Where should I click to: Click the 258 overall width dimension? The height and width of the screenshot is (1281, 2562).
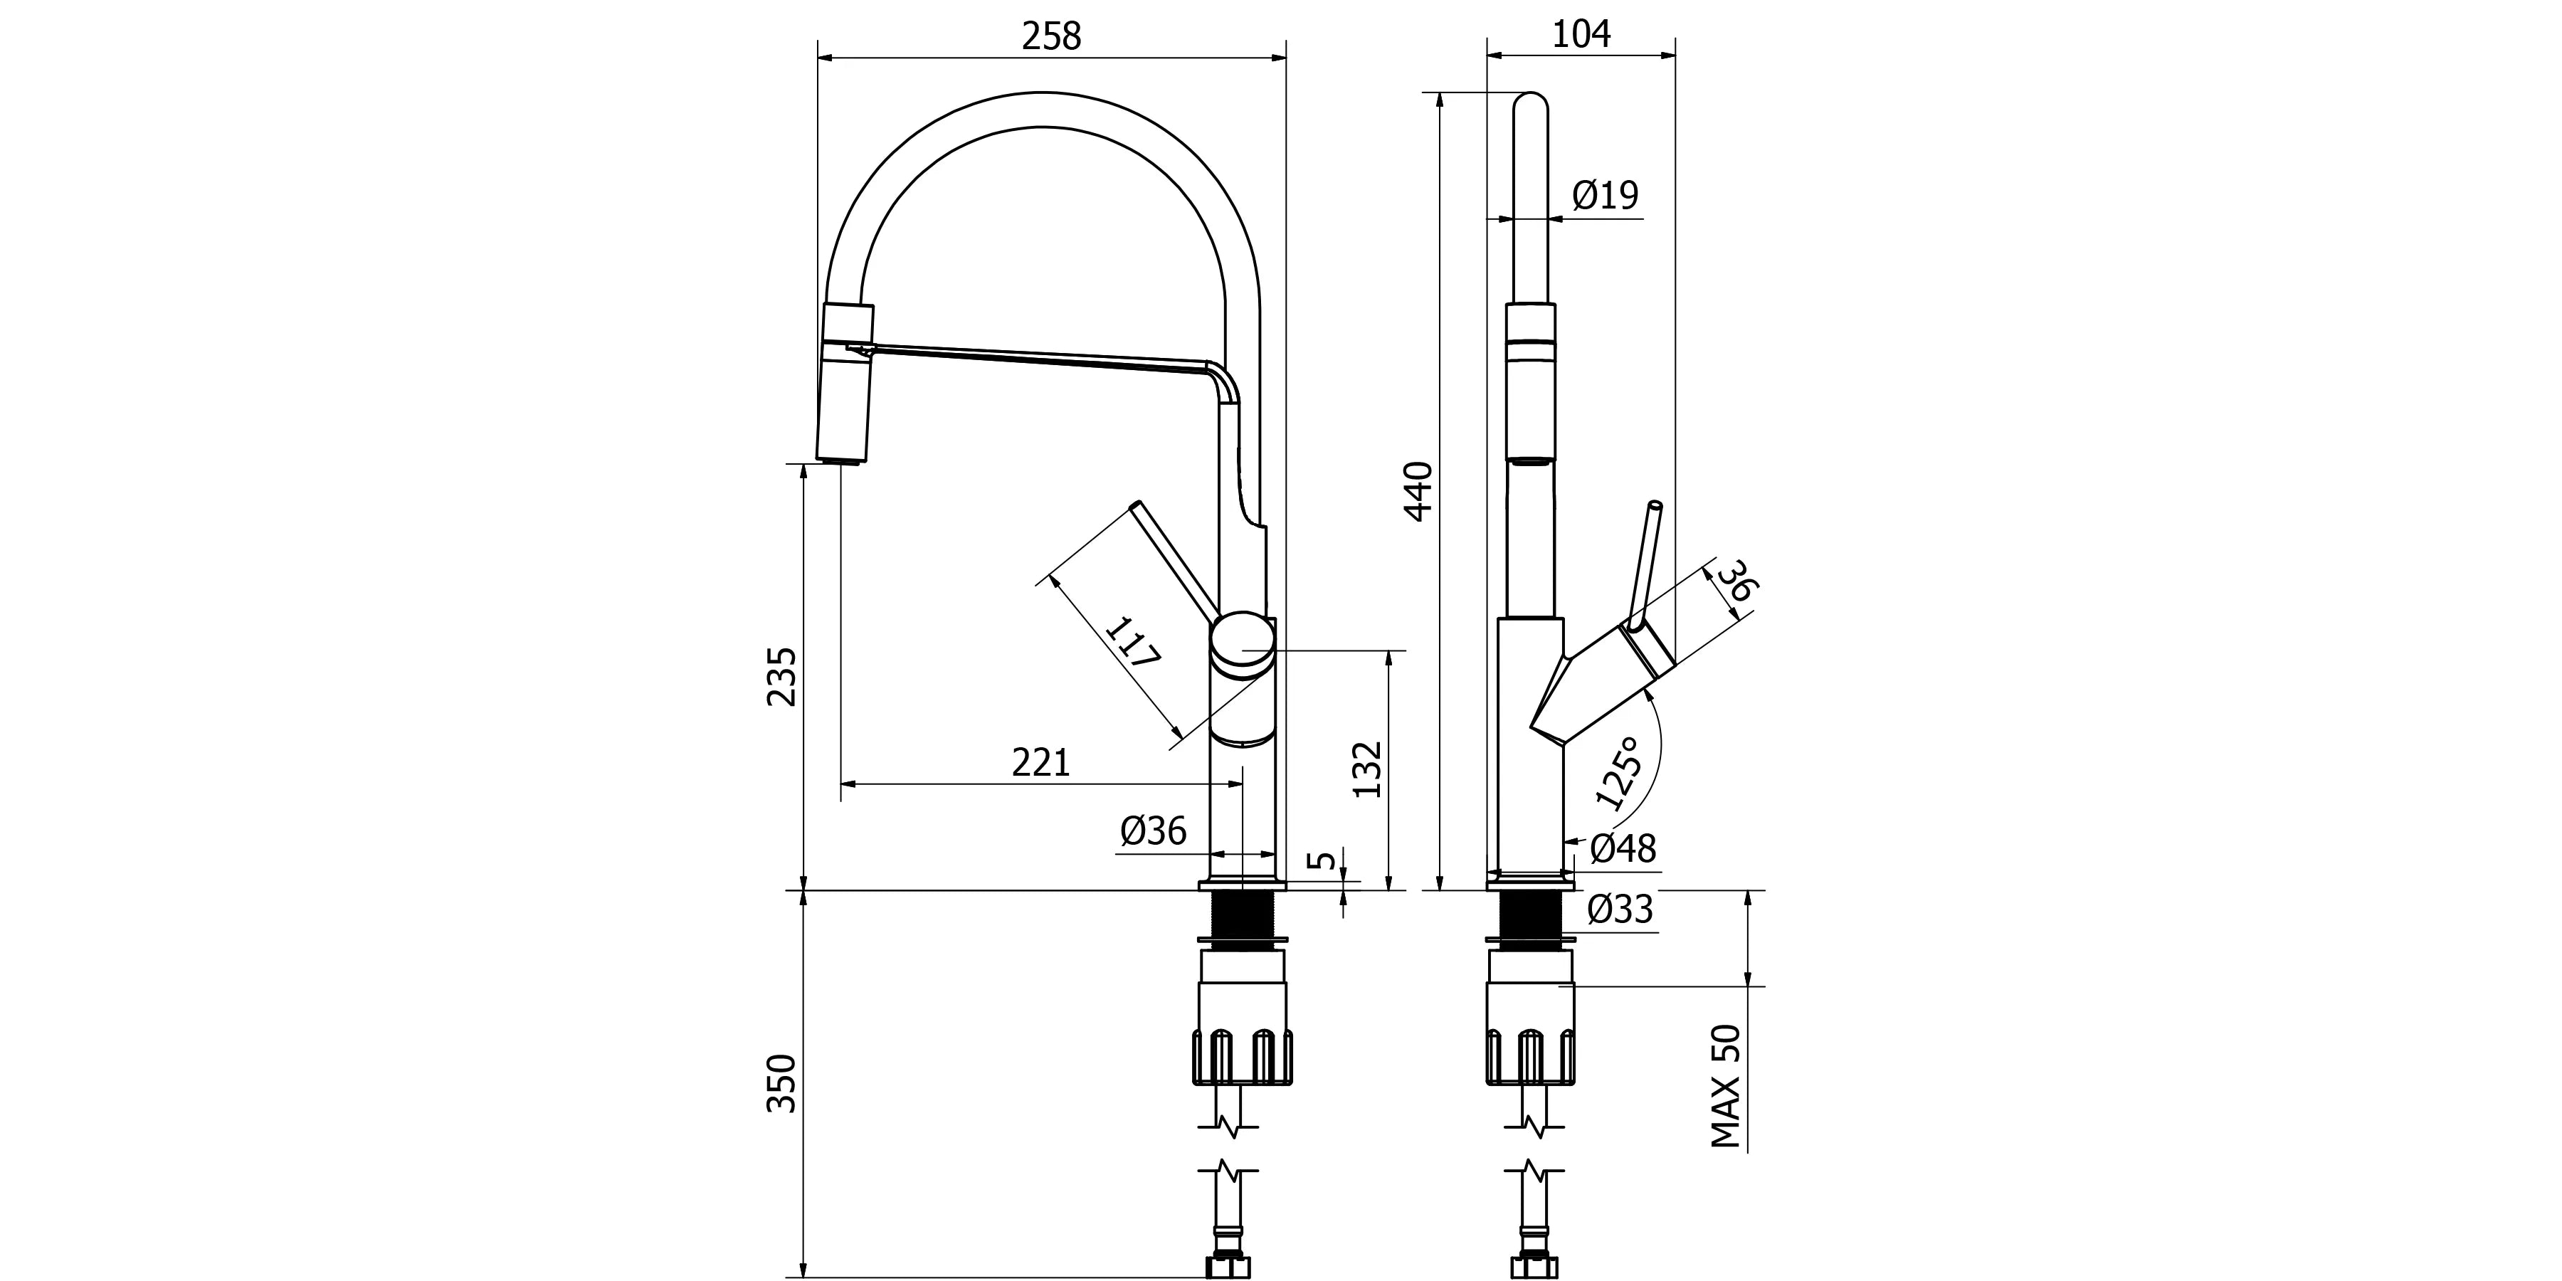1051,36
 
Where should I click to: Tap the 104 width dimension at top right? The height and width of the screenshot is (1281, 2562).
1581,34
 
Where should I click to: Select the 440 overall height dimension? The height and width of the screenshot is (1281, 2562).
1418,491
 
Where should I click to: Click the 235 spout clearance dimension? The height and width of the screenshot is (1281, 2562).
781,676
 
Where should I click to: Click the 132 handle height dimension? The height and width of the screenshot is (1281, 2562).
1369,769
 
